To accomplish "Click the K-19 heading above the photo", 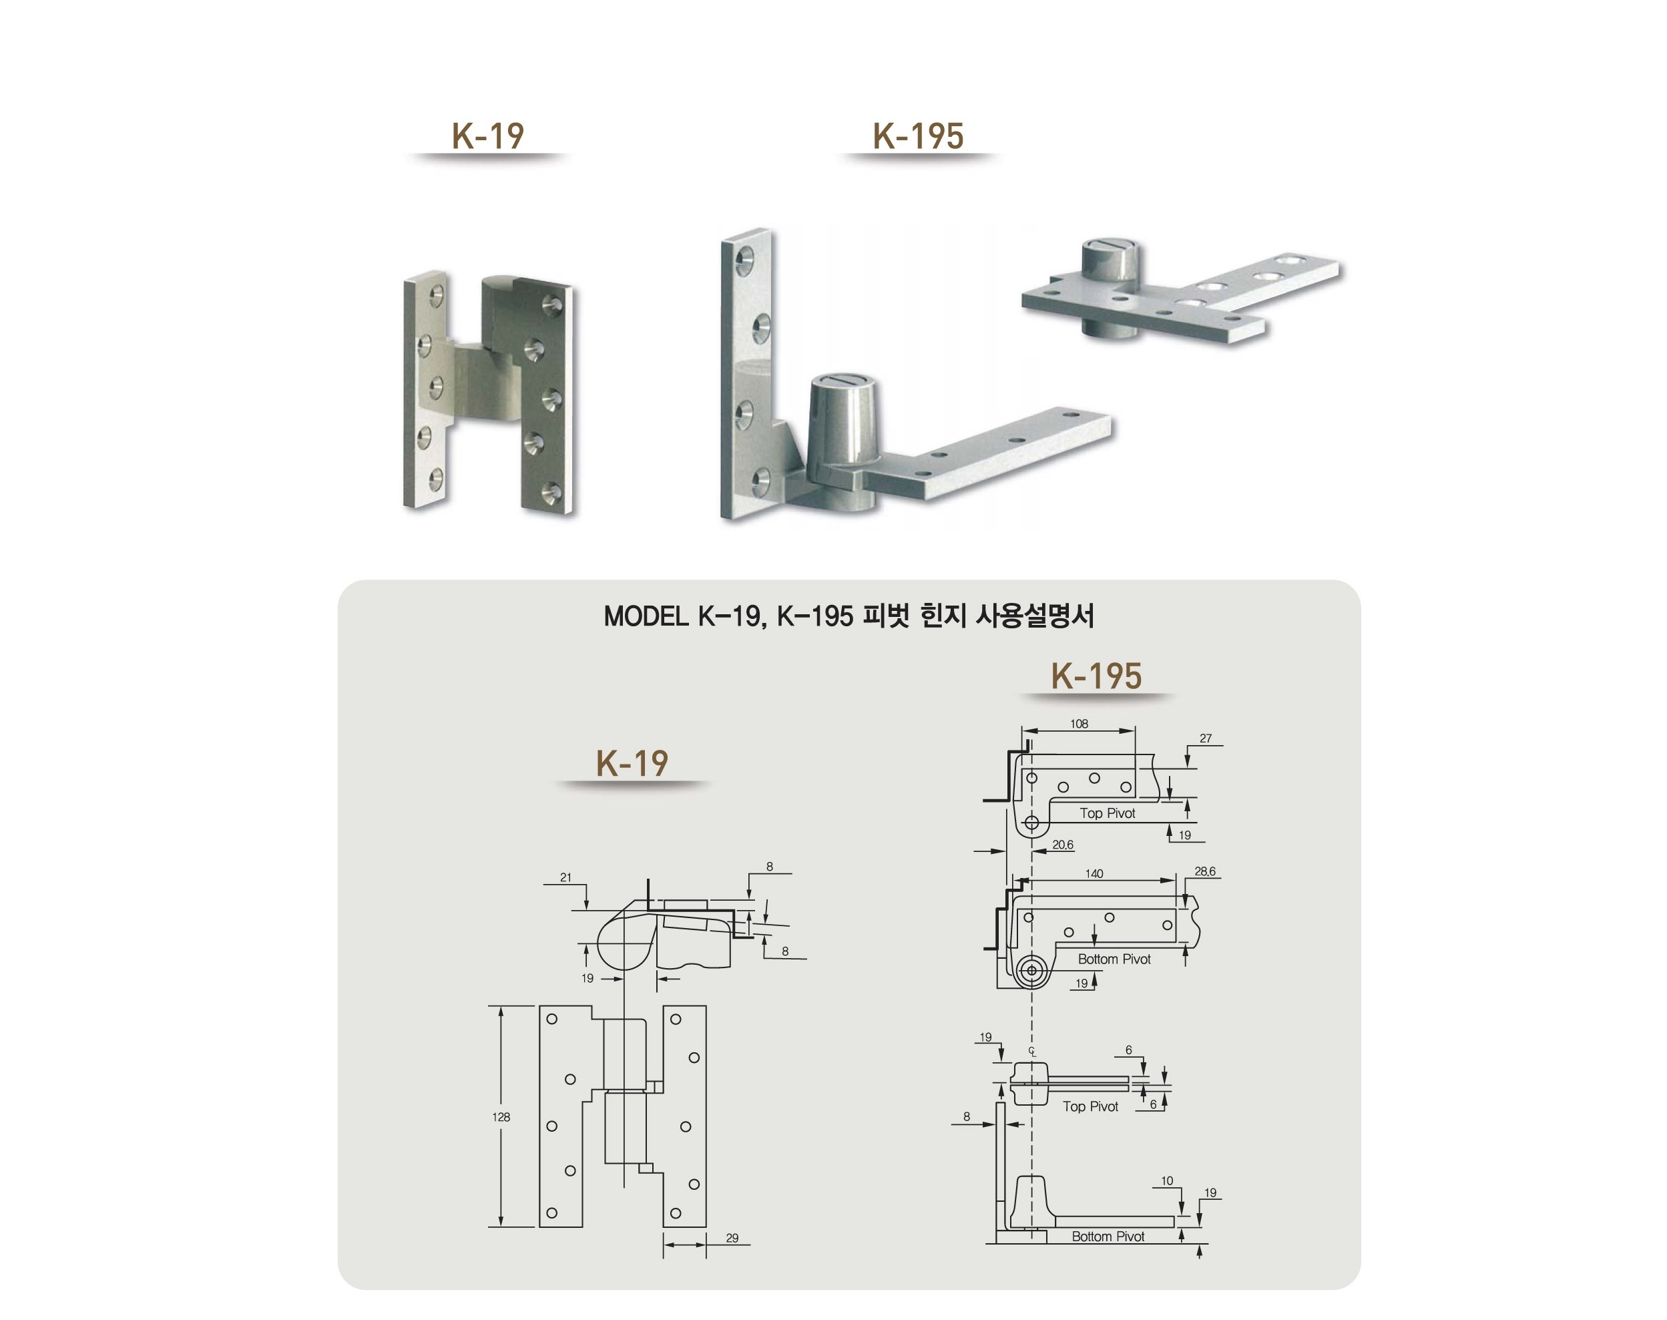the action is click(x=487, y=136).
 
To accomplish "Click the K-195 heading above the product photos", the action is click(x=918, y=136).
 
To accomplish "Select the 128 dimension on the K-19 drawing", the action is click(x=501, y=1117).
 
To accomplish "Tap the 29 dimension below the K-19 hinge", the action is click(x=732, y=1238).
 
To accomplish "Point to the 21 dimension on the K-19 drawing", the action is click(x=565, y=877).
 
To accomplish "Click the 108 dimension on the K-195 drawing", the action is click(x=1079, y=724).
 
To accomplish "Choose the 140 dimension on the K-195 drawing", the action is click(x=1094, y=874).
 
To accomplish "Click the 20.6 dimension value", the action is click(x=1063, y=845).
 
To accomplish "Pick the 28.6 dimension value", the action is click(x=1205, y=872).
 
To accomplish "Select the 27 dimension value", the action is click(x=1206, y=738).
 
